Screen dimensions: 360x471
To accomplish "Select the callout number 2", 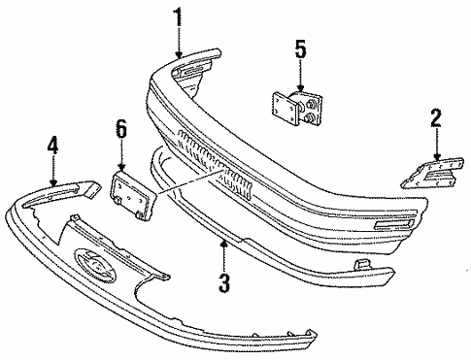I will point(436,118).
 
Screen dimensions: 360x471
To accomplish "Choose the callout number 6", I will point(121,127).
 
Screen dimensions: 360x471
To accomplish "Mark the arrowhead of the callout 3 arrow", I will point(224,239).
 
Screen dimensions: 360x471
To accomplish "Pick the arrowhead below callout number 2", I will point(436,157).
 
